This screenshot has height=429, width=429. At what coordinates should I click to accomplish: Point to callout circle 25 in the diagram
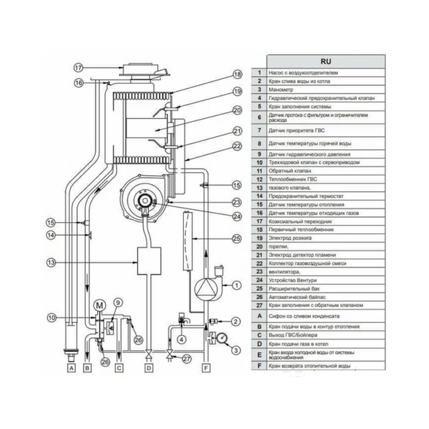point(236,239)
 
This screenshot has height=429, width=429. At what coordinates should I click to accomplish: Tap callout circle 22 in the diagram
point(237,146)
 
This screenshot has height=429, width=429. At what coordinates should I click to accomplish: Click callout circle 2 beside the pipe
point(236,321)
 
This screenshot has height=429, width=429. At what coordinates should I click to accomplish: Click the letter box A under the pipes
point(71,369)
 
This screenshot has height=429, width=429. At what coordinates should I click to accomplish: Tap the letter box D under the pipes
point(149,369)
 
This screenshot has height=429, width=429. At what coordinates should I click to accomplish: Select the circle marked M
point(99,305)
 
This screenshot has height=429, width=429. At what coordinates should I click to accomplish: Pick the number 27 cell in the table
point(257,304)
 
